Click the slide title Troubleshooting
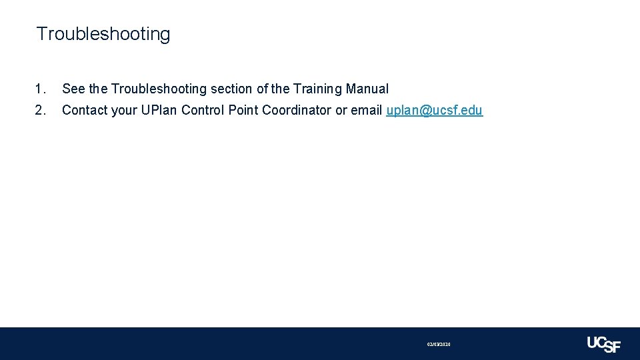click(x=103, y=34)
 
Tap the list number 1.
click(x=41, y=89)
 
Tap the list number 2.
click(x=41, y=110)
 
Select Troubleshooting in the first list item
click(x=159, y=89)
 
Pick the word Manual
click(x=367, y=89)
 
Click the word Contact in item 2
click(x=85, y=110)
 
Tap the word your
click(x=124, y=110)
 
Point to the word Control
click(x=203, y=110)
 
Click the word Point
click(x=243, y=110)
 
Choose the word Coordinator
click(x=297, y=110)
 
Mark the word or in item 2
click(x=341, y=110)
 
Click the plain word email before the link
click(x=367, y=110)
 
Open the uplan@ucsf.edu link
click(x=434, y=110)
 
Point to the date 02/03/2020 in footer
click(x=439, y=344)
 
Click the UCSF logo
click(x=603, y=343)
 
